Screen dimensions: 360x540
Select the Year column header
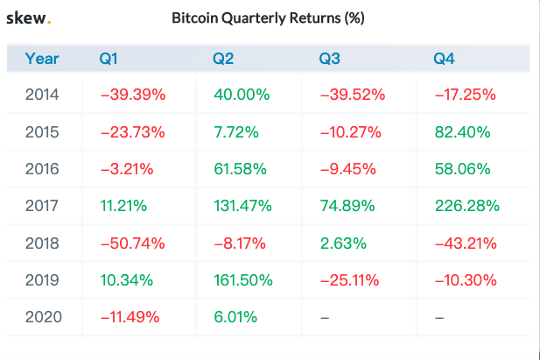[42, 60]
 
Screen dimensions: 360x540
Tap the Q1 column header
[109, 60]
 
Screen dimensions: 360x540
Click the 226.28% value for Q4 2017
[466, 206]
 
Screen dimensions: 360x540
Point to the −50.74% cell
[131, 243]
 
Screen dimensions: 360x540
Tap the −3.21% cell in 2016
[128, 169]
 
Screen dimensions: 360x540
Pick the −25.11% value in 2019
[352, 280]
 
